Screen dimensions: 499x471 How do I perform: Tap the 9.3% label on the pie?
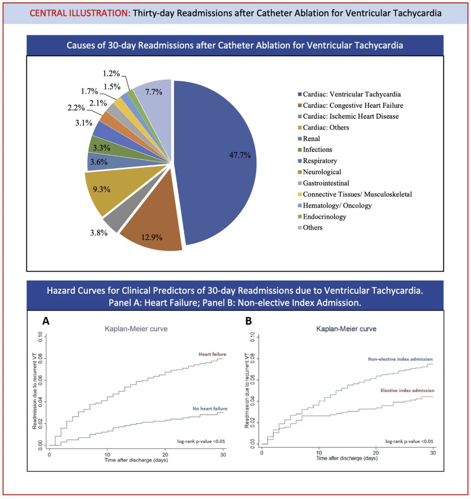pos(101,189)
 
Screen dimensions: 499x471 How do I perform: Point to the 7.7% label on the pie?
pos(153,92)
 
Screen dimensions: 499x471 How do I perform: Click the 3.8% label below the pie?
pos(99,233)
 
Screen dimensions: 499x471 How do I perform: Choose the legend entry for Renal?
pos(311,138)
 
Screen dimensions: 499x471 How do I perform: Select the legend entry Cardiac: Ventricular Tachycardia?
pos(351,94)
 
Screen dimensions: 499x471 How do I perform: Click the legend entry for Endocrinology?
pos(324,216)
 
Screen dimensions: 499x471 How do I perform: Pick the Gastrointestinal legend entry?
pos(326,183)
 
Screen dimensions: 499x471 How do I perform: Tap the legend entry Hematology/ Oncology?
pos(337,205)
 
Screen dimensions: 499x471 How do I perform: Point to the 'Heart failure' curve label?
pos(212,354)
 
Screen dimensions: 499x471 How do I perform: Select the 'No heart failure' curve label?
pos(210,409)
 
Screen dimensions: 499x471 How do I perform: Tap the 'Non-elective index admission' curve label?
pos(400,359)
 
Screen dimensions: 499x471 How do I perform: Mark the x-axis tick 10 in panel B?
pos(319,453)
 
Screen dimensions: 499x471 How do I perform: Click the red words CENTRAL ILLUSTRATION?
pos(80,13)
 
